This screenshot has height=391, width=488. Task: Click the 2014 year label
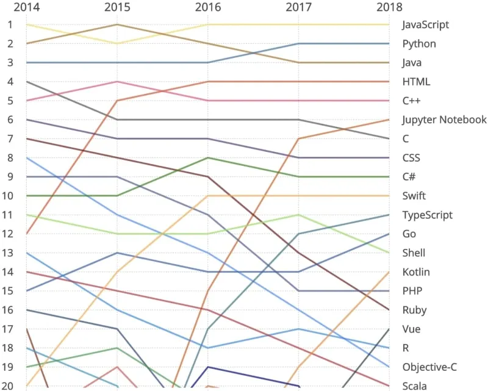[26, 7]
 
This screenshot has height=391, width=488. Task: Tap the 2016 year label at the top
[208, 7]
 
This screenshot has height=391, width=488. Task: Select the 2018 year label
[390, 7]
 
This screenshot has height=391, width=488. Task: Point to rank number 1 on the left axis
[10, 25]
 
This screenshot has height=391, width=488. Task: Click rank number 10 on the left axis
[10, 196]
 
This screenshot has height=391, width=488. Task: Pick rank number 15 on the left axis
[10, 291]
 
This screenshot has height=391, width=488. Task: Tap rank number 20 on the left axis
[10, 385]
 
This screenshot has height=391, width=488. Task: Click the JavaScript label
[426, 25]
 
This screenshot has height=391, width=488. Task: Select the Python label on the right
[419, 44]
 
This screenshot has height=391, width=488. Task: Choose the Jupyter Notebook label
[444, 120]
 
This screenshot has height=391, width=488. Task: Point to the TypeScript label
[427, 215]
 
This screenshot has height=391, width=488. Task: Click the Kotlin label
[417, 272]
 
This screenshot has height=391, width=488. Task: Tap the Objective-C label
[429, 367]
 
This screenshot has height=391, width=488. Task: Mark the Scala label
[415, 386]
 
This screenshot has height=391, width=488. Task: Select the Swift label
[414, 196]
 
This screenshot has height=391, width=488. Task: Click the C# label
[409, 177]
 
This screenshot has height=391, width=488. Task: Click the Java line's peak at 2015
[117, 24]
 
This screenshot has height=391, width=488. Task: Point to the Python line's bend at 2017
[299, 44]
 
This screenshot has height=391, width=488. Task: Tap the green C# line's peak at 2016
[208, 157]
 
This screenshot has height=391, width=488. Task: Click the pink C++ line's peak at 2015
[117, 82]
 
